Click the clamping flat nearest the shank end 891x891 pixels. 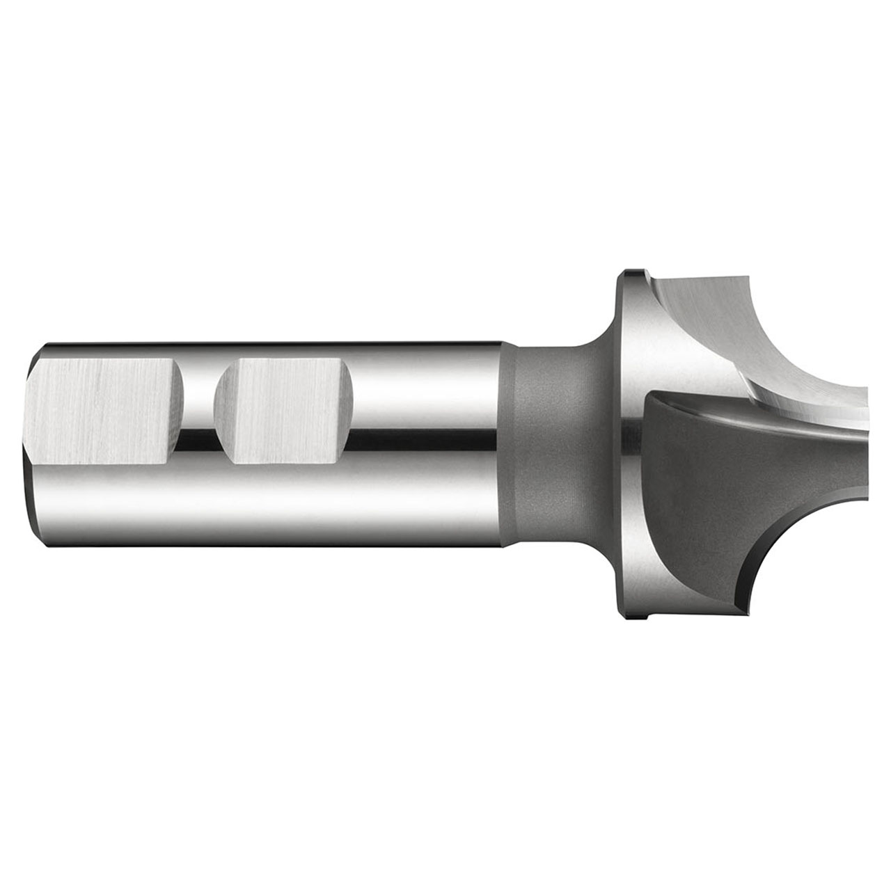pos(104,411)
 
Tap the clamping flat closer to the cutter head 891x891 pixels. pos(285,411)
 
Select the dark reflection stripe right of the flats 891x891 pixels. pos(418,437)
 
